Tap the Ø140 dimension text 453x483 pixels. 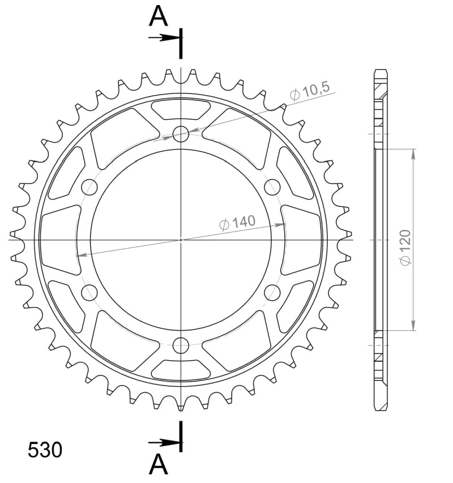(237, 223)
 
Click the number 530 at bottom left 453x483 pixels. (45, 450)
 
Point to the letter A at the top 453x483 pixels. (159, 16)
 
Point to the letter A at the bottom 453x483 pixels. (159, 465)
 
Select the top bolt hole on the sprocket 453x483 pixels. (181, 134)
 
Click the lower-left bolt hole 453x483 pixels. (89, 292)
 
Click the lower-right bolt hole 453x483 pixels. (272, 292)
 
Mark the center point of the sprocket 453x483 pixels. (181, 240)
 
